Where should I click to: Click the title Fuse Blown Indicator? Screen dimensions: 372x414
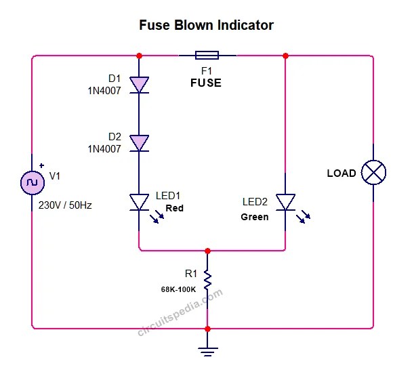click(206, 26)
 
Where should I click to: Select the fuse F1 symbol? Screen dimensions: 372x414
click(206, 56)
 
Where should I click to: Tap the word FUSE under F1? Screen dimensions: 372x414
click(205, 83)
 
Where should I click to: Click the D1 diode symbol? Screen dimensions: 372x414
click(139, 84)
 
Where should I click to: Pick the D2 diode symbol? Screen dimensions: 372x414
click(139, 143)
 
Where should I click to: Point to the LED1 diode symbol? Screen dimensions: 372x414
click(139, 202)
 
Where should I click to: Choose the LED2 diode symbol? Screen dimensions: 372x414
click(286, 202)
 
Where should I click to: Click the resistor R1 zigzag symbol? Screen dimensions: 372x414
click(207, 279)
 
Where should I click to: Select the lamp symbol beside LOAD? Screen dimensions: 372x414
click(373, 172)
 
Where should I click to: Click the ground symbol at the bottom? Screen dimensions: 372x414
click(207, 350)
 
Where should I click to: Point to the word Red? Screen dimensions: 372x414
click(174, 208)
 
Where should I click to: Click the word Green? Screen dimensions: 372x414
click(254, 218)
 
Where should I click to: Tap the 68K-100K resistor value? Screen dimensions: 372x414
click(178, 289)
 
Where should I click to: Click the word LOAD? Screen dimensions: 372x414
click(341, 173)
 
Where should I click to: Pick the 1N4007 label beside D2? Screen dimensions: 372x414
click(104, 148)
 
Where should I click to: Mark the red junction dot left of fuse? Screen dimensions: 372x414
click(139, 56)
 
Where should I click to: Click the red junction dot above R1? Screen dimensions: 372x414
click(207, 251)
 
